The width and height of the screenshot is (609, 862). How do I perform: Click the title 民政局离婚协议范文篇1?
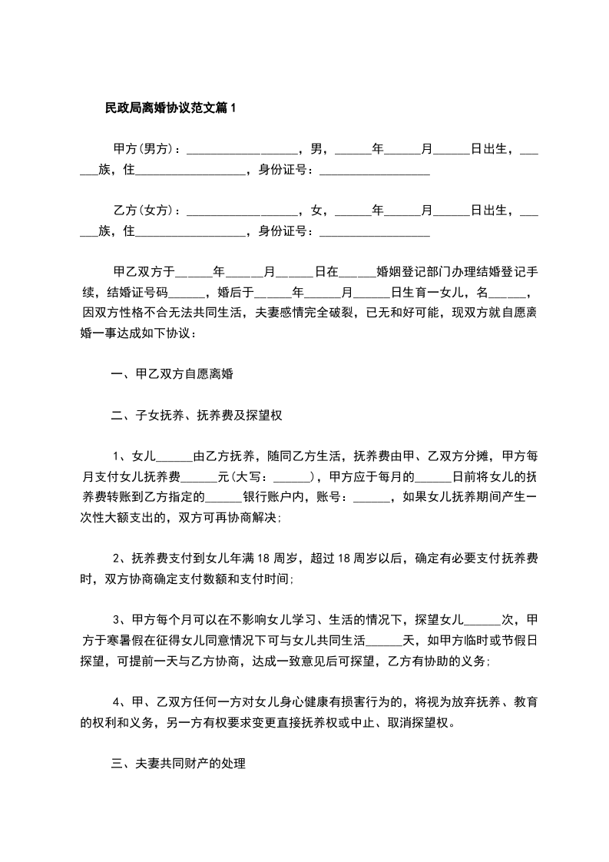pos(170,108)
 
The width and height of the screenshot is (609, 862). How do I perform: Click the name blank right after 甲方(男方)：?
pos(242,149)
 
